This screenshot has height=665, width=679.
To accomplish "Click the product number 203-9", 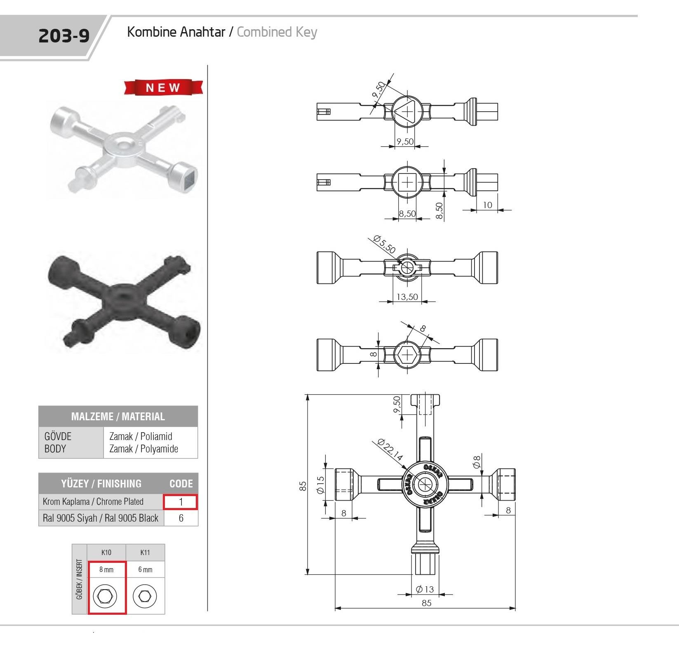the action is [64, 36].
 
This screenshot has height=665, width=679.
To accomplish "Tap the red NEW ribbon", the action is [163, 87].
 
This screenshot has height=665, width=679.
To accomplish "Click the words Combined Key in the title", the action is [277, 32].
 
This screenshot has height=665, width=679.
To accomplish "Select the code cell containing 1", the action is [181, 502].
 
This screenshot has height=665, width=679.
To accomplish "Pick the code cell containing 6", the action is [181, 518].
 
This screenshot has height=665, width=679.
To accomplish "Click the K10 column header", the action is [106, 552].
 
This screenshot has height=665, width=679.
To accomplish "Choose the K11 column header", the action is [145, 552].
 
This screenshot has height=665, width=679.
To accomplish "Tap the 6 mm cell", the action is [145, 569].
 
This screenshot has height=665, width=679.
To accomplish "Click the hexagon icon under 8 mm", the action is [105, 596].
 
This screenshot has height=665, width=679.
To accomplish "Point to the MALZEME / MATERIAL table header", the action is [118, 416].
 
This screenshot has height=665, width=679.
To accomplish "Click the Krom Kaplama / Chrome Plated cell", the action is [93, 502].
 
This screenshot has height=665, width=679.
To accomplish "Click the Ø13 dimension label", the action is [425, 589].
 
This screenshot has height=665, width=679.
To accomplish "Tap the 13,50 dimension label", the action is [407, 297].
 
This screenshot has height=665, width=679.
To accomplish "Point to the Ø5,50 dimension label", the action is [384, 244].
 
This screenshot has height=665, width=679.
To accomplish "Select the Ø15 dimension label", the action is [320, 485].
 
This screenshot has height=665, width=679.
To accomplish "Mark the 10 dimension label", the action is [487, 205].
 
